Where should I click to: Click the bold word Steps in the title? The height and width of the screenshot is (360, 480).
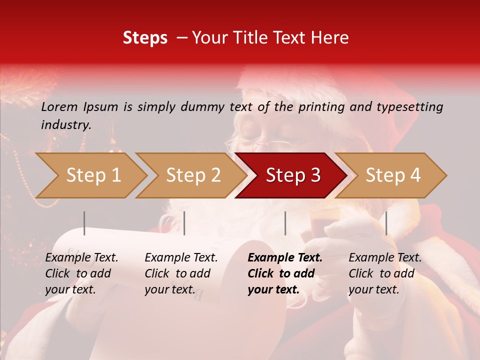pos(145,38)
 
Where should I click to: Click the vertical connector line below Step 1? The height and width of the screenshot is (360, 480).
pos(84,223)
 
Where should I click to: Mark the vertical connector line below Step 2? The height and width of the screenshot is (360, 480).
pos(184,223)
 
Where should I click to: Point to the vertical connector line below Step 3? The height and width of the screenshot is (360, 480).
pos(285,223)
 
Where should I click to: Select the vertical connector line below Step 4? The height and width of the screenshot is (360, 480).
pos(386,223)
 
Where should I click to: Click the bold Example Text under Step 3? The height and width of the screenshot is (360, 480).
pos(285,258)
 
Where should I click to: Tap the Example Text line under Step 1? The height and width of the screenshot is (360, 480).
pos(81,258)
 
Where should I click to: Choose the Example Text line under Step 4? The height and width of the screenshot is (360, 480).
pos(385,258)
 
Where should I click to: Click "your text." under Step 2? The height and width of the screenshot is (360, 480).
pos(170,289)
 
